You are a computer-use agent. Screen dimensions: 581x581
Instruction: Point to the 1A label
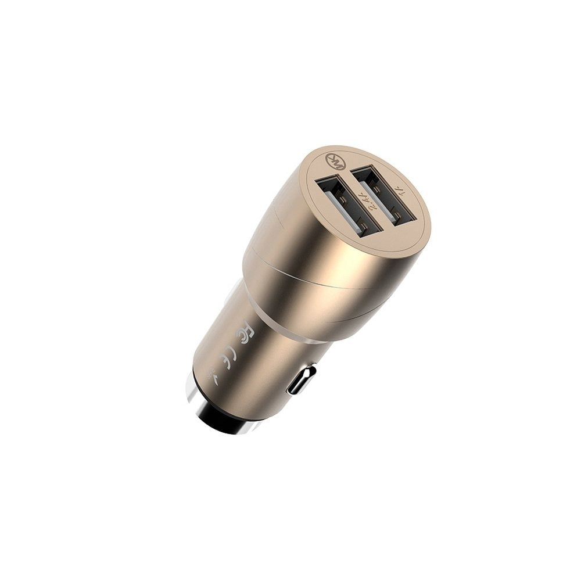(400, 191)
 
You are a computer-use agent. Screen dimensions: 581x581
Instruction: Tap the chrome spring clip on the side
(303, 380)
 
